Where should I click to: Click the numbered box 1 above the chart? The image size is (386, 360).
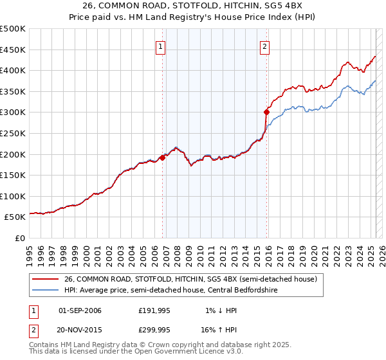click(160, 46)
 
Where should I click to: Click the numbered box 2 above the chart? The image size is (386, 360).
click(264, 46)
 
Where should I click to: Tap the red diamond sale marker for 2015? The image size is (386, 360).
click(266, 112)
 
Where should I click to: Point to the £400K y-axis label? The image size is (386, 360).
click(13, 70)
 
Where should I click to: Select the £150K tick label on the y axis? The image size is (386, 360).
click(13, 175)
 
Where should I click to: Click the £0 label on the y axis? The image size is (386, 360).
click(20, 238)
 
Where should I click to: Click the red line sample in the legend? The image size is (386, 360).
click(46, 280)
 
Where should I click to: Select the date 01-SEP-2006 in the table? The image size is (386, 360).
click(80, 310)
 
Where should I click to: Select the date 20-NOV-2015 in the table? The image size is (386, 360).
click(80, 328)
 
